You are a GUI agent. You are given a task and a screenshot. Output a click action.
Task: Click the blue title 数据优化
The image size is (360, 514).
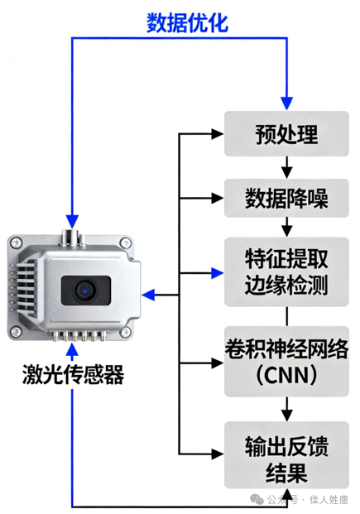[187, 23]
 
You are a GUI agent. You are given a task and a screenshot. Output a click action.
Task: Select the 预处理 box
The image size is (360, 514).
[286, 134]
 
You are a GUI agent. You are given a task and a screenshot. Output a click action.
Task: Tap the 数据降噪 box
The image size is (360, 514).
[286, 198]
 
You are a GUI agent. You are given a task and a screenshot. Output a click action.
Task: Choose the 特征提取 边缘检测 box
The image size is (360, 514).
[286, 272]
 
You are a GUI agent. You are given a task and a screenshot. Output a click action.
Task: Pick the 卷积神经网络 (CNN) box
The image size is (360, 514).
[286, 362]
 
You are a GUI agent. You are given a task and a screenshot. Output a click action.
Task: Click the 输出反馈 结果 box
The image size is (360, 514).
[286, 455]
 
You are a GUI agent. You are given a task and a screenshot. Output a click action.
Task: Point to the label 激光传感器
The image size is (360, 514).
[73, 374]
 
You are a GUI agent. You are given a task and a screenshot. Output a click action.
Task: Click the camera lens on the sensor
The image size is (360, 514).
[85, 291]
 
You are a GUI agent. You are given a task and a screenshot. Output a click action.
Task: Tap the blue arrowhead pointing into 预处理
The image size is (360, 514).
[286, 103]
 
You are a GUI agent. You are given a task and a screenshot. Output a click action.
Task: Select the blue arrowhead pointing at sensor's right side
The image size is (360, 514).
[148, 295]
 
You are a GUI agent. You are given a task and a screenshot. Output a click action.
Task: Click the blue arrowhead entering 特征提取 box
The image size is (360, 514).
[217, 273]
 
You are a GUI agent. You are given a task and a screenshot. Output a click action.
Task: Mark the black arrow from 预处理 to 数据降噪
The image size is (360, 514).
[287, 167]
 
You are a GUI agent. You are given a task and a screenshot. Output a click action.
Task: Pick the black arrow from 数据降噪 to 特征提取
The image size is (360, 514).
[287, 227]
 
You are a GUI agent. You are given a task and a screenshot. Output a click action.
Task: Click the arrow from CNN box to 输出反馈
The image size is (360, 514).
[287, 409]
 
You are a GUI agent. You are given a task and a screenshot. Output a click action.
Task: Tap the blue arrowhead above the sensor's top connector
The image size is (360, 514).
[72, 222]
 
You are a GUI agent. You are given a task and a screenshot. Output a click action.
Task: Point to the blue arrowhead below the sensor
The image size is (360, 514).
[72, 350]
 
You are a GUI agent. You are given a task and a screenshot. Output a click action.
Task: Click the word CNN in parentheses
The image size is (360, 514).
[286, 375]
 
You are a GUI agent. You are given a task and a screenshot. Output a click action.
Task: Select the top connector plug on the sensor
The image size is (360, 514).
[70, 238]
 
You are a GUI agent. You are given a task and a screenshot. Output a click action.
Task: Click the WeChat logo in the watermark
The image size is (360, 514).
[257, 499]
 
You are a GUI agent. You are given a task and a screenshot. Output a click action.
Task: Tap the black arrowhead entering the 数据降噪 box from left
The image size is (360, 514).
[218, 198]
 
